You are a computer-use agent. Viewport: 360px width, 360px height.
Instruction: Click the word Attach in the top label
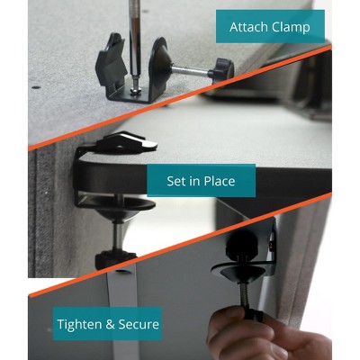point(248,27)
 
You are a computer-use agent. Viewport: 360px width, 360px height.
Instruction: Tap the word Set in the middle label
point(176,181)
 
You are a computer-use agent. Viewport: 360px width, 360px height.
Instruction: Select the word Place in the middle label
point(217,181)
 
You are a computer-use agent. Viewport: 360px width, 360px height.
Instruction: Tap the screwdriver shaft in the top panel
point(134,36)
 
